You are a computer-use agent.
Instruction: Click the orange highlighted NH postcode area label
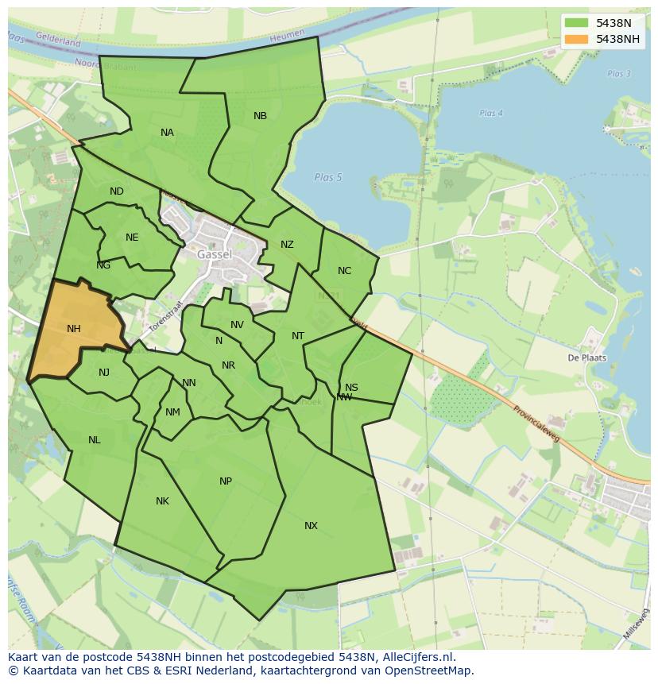click(x=74, y=329)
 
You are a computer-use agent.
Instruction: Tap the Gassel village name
click(x=215, y=254)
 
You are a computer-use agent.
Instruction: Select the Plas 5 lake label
click(x=327, y=177)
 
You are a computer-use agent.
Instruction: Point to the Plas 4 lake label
click(x=491, y=114)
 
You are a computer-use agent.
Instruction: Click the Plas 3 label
click(x=618, y=74)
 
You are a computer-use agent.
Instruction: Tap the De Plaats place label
click(x=586, y=357)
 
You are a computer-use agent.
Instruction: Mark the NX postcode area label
click(x=311, y=526)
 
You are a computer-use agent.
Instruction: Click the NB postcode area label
click(x=260, y=116)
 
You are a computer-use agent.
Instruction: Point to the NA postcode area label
click(x=167, y=133)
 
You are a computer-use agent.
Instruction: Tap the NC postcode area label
click(x=344, y=271)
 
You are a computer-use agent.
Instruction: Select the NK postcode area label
click(x=162, y=501)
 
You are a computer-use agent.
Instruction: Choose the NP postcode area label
click(x=226, y=481)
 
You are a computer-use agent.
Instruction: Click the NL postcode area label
click(x=95, y=440)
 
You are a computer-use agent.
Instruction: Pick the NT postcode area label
click(x=298, y=336)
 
